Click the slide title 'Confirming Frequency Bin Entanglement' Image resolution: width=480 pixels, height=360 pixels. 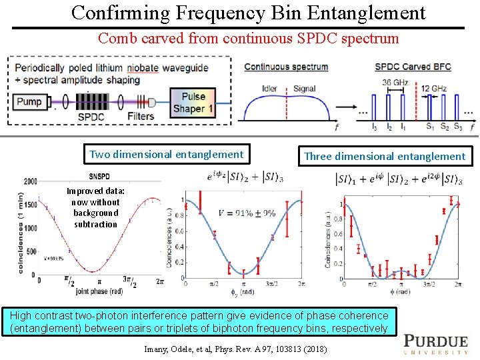coord(248,13)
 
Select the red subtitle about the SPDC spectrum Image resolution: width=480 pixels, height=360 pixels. coord(248,38)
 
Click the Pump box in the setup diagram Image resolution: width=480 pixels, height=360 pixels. coord(29,102)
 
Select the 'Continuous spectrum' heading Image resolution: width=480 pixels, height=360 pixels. coord(286,67)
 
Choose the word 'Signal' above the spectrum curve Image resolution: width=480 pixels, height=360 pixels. coord(304,89)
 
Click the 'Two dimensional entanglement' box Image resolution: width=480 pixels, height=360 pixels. coord(166,155)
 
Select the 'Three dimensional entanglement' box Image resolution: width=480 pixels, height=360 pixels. coord(384,157)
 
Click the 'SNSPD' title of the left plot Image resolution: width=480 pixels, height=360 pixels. coord(99,177)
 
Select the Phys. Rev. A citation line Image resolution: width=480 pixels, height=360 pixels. coord(235,349)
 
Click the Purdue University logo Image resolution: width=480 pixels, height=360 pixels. coord(437,343)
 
